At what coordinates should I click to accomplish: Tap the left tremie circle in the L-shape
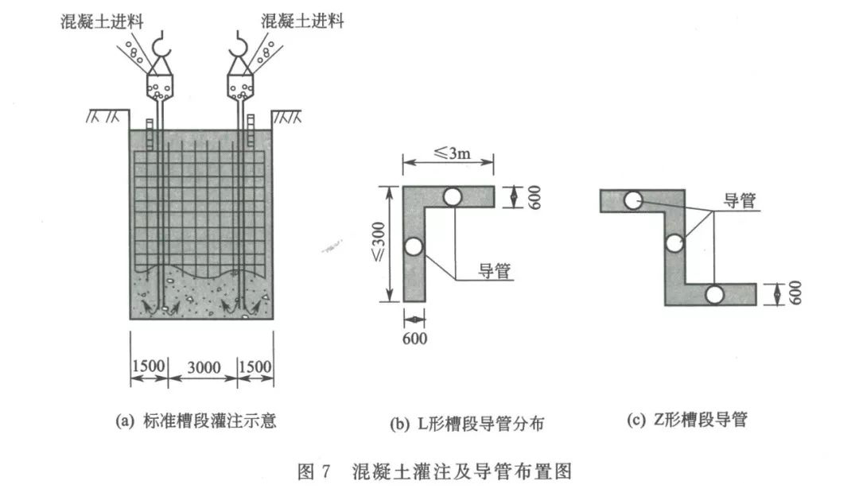click(x=414, y=247)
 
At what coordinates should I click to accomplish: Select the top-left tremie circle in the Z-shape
click(x=633, y=200)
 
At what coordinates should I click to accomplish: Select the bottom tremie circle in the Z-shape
click(x=713, y=294)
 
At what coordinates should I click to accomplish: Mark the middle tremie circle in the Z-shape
click(x=674, y=244)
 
